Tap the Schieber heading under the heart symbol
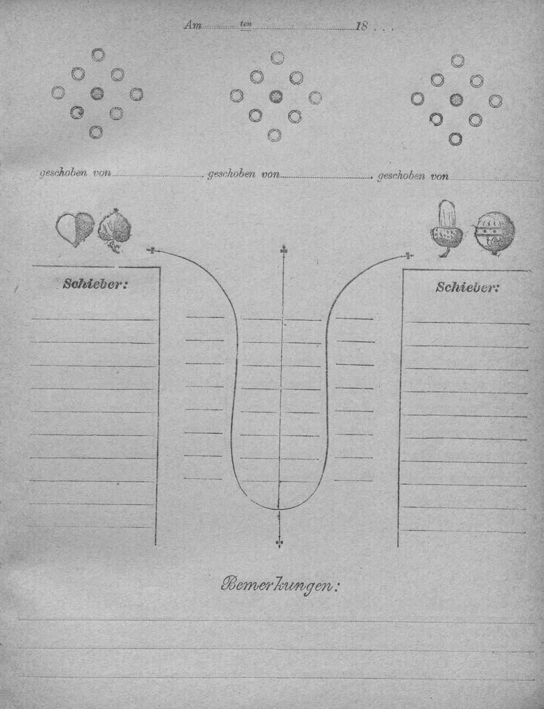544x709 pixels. (94, 284)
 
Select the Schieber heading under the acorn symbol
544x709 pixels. (467, 287)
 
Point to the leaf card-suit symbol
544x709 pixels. (115, 230)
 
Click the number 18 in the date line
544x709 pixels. (362, 27)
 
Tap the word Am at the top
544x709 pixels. (193, 26)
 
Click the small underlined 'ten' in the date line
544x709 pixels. (246, 24)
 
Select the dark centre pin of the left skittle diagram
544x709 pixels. (97, 94)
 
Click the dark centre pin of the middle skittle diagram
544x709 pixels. (276, 97)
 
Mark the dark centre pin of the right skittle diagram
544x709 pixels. (456, 99)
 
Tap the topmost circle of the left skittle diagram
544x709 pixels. (98, 55)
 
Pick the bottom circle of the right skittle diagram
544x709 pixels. (455, 139)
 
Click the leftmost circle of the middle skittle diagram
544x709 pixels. (236, 96)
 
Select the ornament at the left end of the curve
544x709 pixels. (152, 250)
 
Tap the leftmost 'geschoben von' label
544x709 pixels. (76, 173)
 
